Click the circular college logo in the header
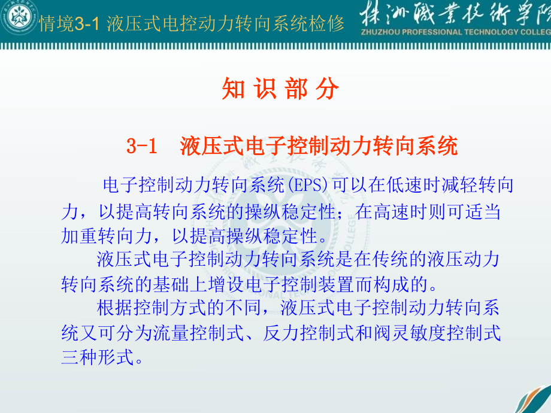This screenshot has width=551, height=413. click(19, 18)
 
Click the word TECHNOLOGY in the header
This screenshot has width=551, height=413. click(495, 32)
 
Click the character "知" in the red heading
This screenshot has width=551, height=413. click(231, 90)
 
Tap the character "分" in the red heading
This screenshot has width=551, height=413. click(329, 90)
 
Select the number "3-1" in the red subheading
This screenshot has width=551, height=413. click(142, 146)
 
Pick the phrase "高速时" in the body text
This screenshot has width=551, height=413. click(410, 212)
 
